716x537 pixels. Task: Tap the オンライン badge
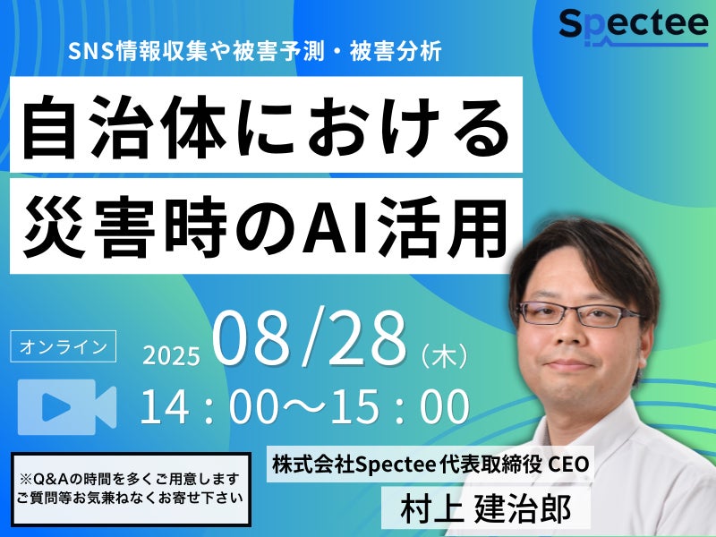63,346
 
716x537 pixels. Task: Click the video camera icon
67,407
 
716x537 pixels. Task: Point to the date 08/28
309,338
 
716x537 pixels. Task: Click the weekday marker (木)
444,355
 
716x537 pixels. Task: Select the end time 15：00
400,406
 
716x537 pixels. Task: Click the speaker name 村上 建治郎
486,509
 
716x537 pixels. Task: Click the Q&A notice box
131,489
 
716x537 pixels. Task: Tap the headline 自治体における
266,126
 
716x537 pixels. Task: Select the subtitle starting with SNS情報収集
255,51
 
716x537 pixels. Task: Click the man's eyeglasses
578,314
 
